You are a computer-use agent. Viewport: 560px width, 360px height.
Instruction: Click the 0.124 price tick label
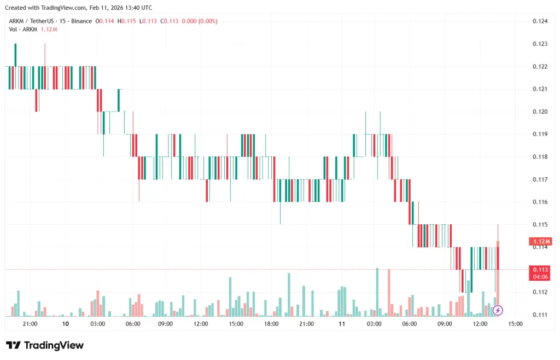[x=540, y=21]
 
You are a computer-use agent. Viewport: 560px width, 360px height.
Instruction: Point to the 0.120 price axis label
[x=540, y=112]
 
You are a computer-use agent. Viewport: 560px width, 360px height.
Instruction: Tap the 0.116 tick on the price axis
[x=540, y=202]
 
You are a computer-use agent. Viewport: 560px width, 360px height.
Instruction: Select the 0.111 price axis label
[x=540, y=315]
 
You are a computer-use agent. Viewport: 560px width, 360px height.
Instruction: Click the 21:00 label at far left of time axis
[x=30, y=324]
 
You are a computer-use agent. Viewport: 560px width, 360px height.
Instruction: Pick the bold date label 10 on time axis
[x=66, y=324]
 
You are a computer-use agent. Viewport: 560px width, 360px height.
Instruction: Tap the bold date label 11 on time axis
[x=342, y=324]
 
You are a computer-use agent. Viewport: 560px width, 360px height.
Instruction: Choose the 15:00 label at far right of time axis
[x=515, y=324]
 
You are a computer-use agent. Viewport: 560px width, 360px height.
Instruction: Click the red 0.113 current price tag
[x=540, y=269]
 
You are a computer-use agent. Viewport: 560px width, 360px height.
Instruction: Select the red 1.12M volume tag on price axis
[x=540, y=241]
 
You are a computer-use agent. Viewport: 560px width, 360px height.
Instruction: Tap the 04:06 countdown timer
[x=540, y=277]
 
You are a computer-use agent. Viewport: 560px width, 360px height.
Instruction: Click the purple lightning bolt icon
[x=498, y=311]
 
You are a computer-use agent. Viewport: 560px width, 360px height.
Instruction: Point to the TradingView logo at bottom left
[x=45, y=345]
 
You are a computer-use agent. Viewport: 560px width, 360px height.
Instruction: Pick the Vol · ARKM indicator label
[x=23, y=29]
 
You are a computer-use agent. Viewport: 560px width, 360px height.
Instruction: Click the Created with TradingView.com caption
[x=78, y=8]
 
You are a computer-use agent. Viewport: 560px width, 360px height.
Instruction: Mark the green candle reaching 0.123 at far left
[x=15, y=55]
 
